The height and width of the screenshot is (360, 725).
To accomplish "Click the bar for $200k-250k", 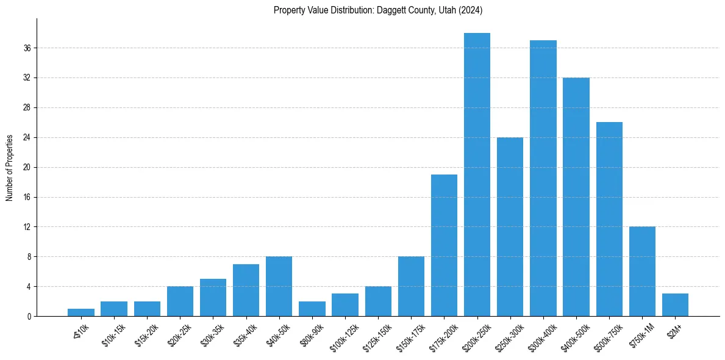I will click(477, 175).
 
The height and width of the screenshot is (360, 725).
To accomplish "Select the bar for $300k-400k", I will click(543, 178).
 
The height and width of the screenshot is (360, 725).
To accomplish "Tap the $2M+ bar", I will click(675, 305).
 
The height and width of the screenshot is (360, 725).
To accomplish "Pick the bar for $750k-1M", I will click(642, 272).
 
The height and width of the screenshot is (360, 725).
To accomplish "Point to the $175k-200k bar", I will click(444, 245).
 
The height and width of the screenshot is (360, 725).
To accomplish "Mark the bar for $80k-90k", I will click(312, 309).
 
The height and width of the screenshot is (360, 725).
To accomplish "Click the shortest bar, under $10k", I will click(81, 312).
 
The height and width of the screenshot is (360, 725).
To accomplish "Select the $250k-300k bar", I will click(510, 226).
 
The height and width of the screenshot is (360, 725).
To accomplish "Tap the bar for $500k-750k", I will click(609, 219).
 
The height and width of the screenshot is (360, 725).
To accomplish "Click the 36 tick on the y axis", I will click(27, 48).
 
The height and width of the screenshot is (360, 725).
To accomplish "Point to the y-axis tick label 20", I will click(27, 167).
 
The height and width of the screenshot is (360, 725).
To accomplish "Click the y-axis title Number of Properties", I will click(10, 167).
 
